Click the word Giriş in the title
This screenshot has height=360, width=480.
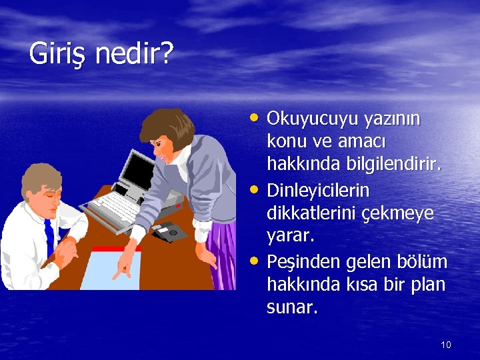coord(58,54)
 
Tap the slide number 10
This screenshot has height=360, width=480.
coord(446,345)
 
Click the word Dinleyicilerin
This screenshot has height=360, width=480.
coord(317,191)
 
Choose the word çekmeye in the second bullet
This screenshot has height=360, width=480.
coord(405,214)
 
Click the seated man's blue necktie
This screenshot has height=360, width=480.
coord(49,237)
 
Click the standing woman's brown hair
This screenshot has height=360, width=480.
coord(163,127)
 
